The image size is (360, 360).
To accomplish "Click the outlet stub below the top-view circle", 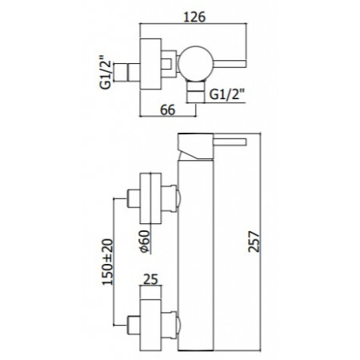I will tap(195, 95).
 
